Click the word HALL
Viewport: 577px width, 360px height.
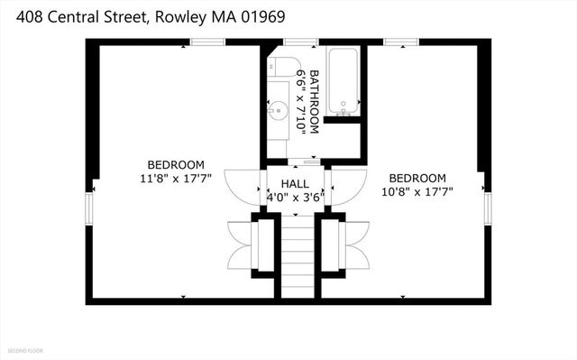[x=294, y=181]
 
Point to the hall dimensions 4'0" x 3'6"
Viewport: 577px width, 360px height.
[x=295, y=196]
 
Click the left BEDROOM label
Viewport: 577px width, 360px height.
[x=176, y=164]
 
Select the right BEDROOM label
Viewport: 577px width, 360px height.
[x=417, y=177]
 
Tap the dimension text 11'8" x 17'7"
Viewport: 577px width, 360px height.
[x=176, y=178]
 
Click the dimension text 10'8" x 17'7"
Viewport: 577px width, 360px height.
[x=417, y=190]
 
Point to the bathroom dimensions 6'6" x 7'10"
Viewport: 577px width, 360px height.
[x=301, y=101]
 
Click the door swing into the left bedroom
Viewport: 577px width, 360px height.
[x=242, y=189]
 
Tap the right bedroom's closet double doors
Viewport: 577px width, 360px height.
[x=353, y=245]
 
